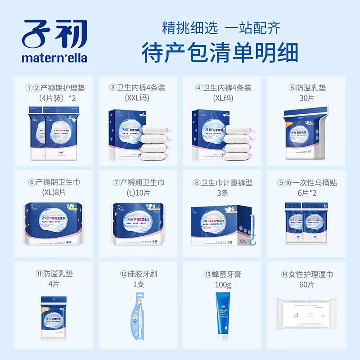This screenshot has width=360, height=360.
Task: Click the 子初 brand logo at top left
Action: [54, 35]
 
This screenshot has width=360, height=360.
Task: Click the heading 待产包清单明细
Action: [220, 53]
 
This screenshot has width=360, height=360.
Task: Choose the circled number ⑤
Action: [292, 88]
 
